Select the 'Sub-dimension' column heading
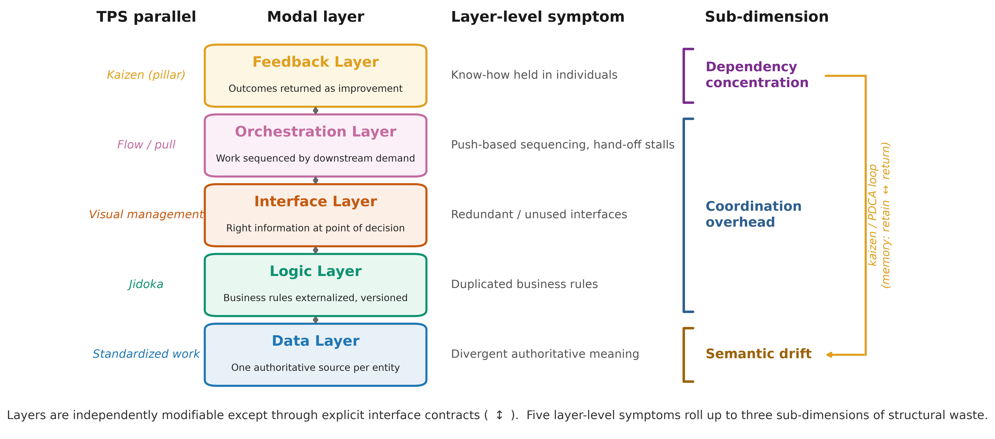click(x=767, y=17)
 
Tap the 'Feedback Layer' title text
click(x=316, y=62)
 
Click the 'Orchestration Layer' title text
click(x=316, y=132)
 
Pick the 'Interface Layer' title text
click(x=316, y=202)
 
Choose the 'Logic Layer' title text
click(x=316, y=271)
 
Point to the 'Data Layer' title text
click(x=316, y=341)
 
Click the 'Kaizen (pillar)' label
click(x=146, y=75)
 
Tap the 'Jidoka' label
click(x=146, y=284)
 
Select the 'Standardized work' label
click(x=146, y=354)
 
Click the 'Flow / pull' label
click(x=146, y=145)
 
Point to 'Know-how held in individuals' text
click(x=534, y=75)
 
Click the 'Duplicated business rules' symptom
click(x=524, y=284)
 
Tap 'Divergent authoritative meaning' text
click(x=545, y=354)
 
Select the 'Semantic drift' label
click(x=759, y=354)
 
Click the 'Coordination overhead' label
click(x=754, y=214)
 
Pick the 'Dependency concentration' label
click(x=757, y=75)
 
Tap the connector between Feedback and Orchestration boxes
click(x=316, y=111)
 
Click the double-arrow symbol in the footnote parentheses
click(x=499, y=415)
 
